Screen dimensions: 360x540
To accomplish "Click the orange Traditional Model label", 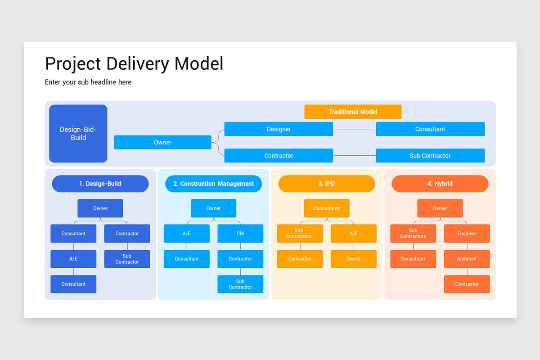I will click(x=353, y=112).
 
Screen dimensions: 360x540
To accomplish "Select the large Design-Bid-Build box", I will click(x=78, y=134).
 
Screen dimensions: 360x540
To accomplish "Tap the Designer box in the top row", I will click(x=279, y=129).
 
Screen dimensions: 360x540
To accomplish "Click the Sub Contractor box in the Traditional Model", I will click(x=430, y=156).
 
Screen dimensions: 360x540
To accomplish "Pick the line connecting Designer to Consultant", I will click(x=354, y=129).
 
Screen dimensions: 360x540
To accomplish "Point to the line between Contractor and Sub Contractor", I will click(x=354, y=156).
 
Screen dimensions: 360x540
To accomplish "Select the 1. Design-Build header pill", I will click(x=100, y=184).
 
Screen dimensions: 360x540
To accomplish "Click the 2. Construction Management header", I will click(x=213, y=184).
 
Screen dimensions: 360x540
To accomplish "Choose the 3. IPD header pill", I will click(x=327, y=184).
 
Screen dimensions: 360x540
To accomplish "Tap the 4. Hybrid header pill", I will click(x=440, y=184).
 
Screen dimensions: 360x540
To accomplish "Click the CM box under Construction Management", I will click(x=240, y=234).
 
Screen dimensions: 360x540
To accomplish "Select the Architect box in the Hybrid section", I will click(x=467, y=259).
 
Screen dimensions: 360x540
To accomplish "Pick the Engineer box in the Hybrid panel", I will click(x=467, y=234).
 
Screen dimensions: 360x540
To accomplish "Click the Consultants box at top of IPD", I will click(x=327, y=208).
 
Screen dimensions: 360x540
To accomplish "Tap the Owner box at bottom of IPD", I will click(x=353, y=259).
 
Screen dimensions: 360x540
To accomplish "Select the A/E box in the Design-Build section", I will click(x=73, y=259).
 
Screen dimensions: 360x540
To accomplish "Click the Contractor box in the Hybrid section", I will click(x=467, y=284).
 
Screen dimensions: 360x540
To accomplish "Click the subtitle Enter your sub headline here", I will click(x=88, y=82).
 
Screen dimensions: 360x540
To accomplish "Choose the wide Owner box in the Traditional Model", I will click(x=162, y=142).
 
